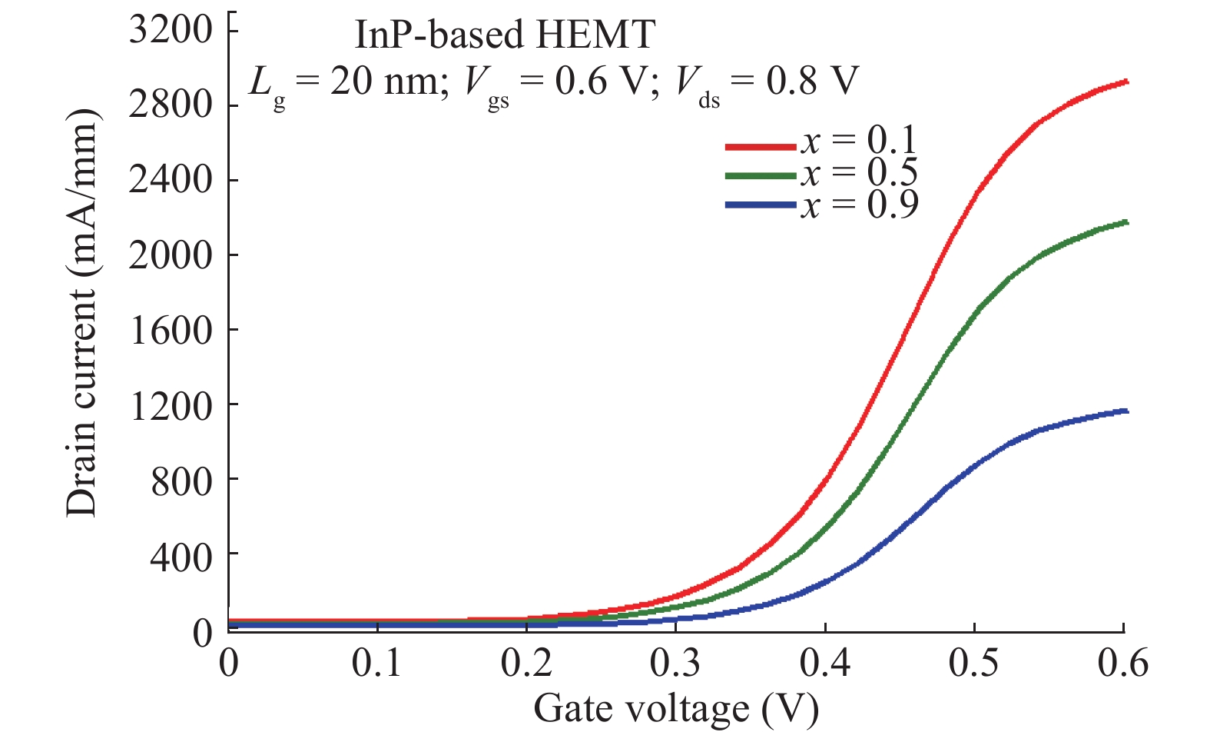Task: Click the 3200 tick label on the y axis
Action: click(170, 31)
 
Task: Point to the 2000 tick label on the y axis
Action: click(170, 255)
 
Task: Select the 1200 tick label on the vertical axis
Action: click(170, 405)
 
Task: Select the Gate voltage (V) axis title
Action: click(676, 708)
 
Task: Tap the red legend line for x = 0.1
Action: click(761, 145)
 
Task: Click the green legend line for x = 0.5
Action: click(761, 176)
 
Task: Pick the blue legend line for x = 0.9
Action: click(761, 205)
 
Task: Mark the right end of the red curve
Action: click(1125, 81)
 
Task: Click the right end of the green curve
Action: click(1125, 222)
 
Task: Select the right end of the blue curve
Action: click(1125, 411)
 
